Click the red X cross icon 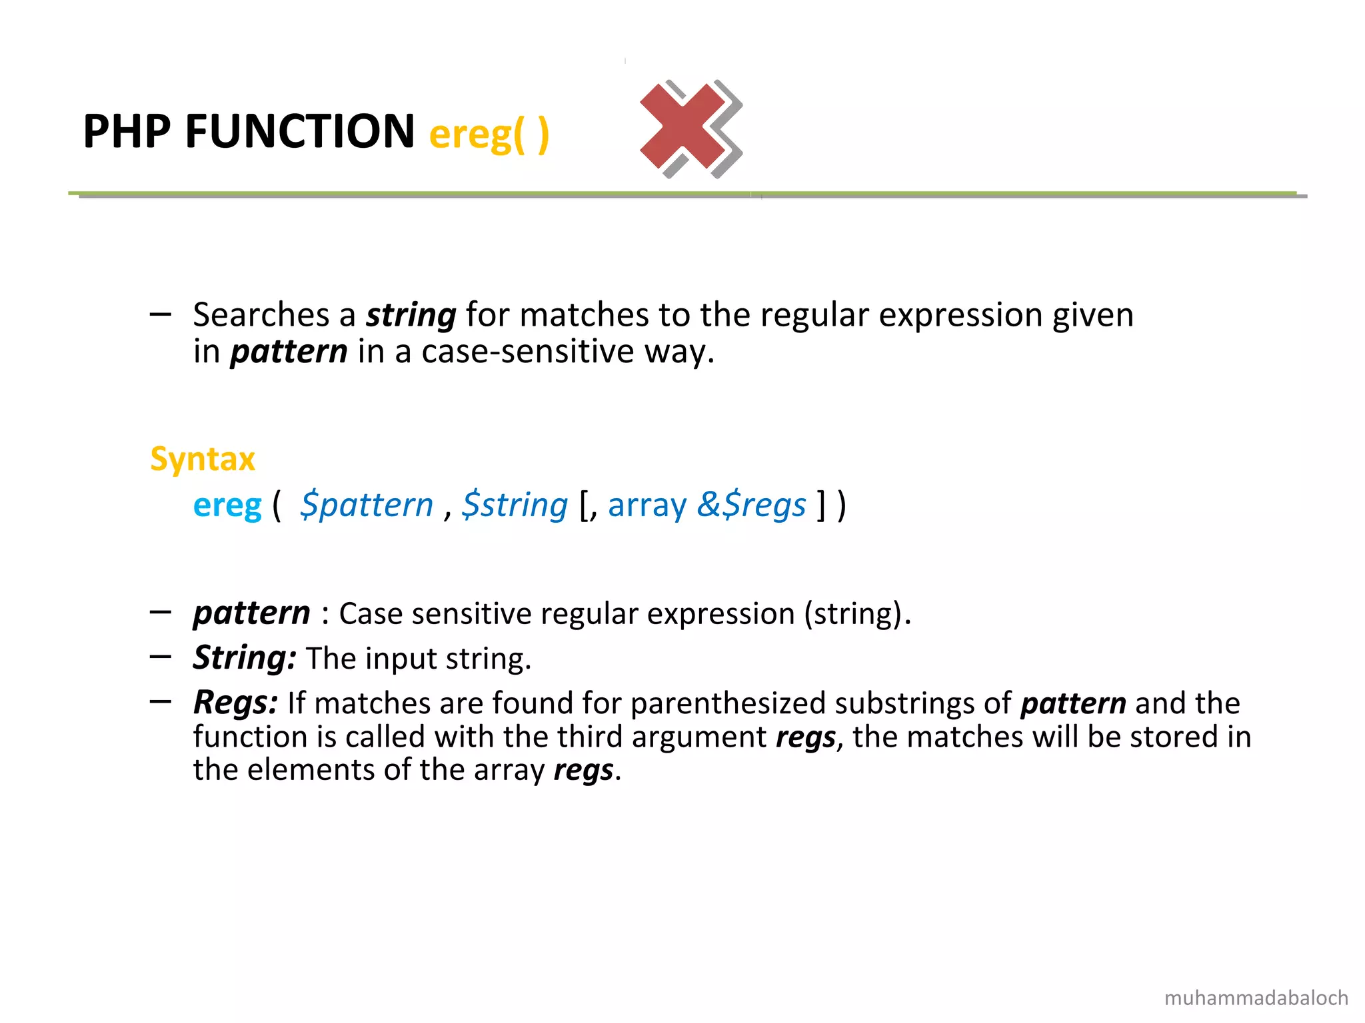[x=689, y=128]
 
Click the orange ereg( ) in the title [x=489, y=134]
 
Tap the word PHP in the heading [x=127, y=131]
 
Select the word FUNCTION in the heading [x=300, y=131]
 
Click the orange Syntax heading [x=203, y=459]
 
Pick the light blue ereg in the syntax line [x=227, y=506]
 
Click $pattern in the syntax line [x=367, y=506]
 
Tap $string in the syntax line [x=515, y=506]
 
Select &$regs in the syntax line [x=752, y=506]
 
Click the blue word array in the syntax [x=647, y=506]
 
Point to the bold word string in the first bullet [x=411, y=316]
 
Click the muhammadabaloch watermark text [x=1256, y=998]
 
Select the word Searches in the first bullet [x=261, y=315]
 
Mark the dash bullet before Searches [x=161, y=314]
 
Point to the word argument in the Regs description [x=699, y=737]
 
